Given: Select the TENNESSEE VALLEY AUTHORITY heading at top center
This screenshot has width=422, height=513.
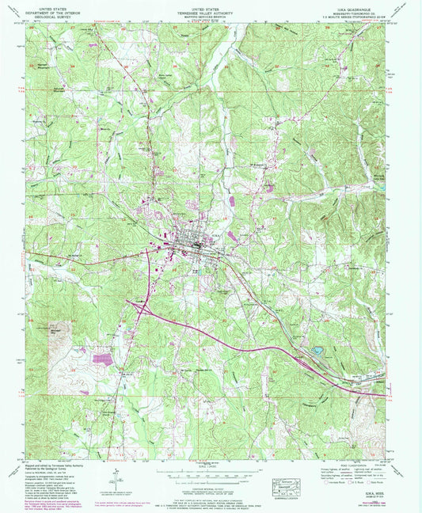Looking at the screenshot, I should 210,9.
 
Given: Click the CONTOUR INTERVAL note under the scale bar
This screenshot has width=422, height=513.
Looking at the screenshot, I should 210,484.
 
